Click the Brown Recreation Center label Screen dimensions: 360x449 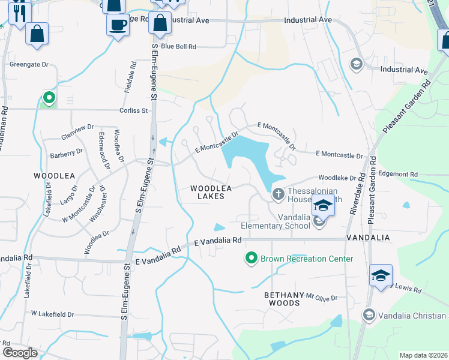pyautogui.click(x=306, y=259)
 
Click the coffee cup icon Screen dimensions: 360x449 pyautogui.click(x=118, y=25)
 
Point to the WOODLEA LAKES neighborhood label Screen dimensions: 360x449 pyautogui.click(x=207, y=192)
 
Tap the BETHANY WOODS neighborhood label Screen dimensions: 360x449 pyautogui.click(x=282, y=299)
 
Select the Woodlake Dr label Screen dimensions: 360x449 pyautogui.click(x=337, y=178)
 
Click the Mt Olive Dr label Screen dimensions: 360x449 pyautogui.click(x=322, y=297)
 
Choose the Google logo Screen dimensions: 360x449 pyautogui.click(x=20, y=353)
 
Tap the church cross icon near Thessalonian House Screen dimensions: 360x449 pyautogui.click(x=278, y=194)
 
